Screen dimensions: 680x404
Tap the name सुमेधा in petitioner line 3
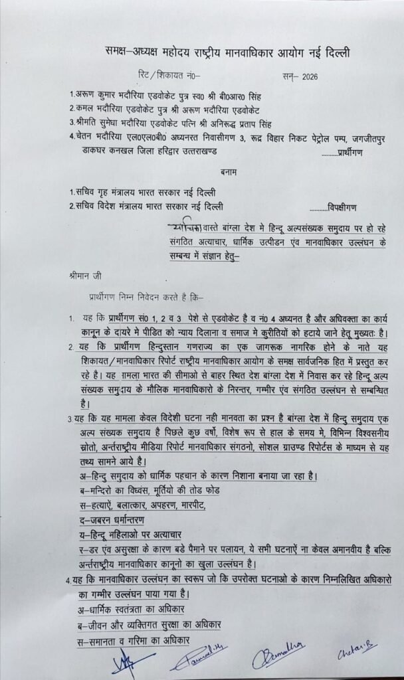[120, 123]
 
